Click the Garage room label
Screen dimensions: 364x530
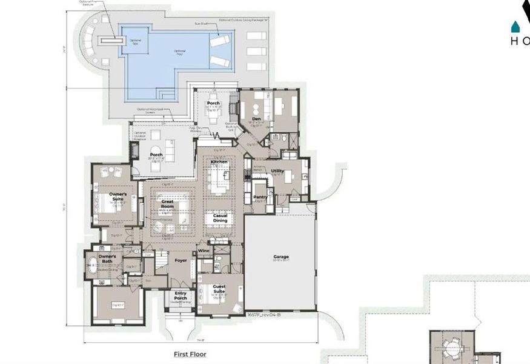coord(280,257)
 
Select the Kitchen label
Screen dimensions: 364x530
coord(219,163)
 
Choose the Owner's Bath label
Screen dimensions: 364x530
coord(108,259)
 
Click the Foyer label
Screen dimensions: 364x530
coord(181,260)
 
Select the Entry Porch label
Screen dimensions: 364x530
coord(181,295)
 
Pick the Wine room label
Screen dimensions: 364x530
coord(204,250)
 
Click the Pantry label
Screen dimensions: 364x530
coord(260,197)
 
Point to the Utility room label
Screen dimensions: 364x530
coord(277,171)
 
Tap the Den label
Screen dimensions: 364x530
coord(256,119)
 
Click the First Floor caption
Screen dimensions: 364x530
coord(190,354)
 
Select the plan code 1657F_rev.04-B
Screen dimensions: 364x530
coord(263,315)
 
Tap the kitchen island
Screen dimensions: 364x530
coord(219,180)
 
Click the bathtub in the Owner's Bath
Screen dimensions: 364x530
coord(92,265)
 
